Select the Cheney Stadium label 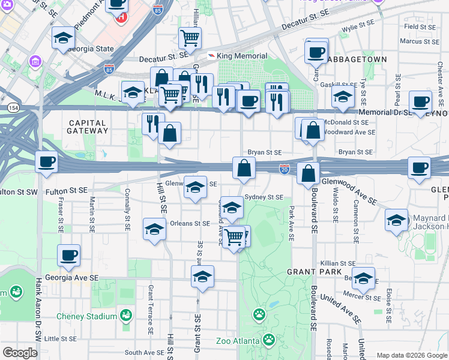tap(86, 316)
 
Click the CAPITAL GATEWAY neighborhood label tap(86, 127)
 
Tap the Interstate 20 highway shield tap(284, 171)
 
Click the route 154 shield tap(13, 106)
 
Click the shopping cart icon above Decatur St tap(190, 38)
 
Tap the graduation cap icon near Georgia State tap(63, 38)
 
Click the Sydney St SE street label tap(264, 197)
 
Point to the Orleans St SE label tap(190, 223)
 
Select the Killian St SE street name tap(338, 263)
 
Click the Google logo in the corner tap(20, 352)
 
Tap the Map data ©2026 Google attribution tap(412, 355)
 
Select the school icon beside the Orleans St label tap(154, 230)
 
